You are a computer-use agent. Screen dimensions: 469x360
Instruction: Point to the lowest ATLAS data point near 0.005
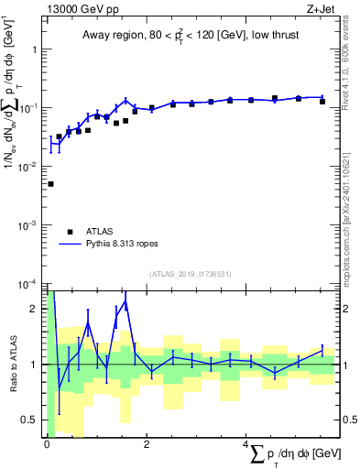pos(50,184)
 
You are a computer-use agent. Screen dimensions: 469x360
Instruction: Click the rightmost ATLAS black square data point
pos(322,102)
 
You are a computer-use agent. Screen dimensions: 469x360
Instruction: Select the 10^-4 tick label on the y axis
pos(28,284)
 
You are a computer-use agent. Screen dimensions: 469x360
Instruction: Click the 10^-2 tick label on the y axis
pos(28,167)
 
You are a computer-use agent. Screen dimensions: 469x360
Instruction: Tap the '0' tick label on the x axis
pos(47,445)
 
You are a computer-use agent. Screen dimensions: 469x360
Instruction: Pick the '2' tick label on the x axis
pos(147,445)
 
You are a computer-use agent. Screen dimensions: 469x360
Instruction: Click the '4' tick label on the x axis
pos(246,445)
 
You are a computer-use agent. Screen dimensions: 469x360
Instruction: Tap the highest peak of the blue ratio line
pos(125,300)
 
